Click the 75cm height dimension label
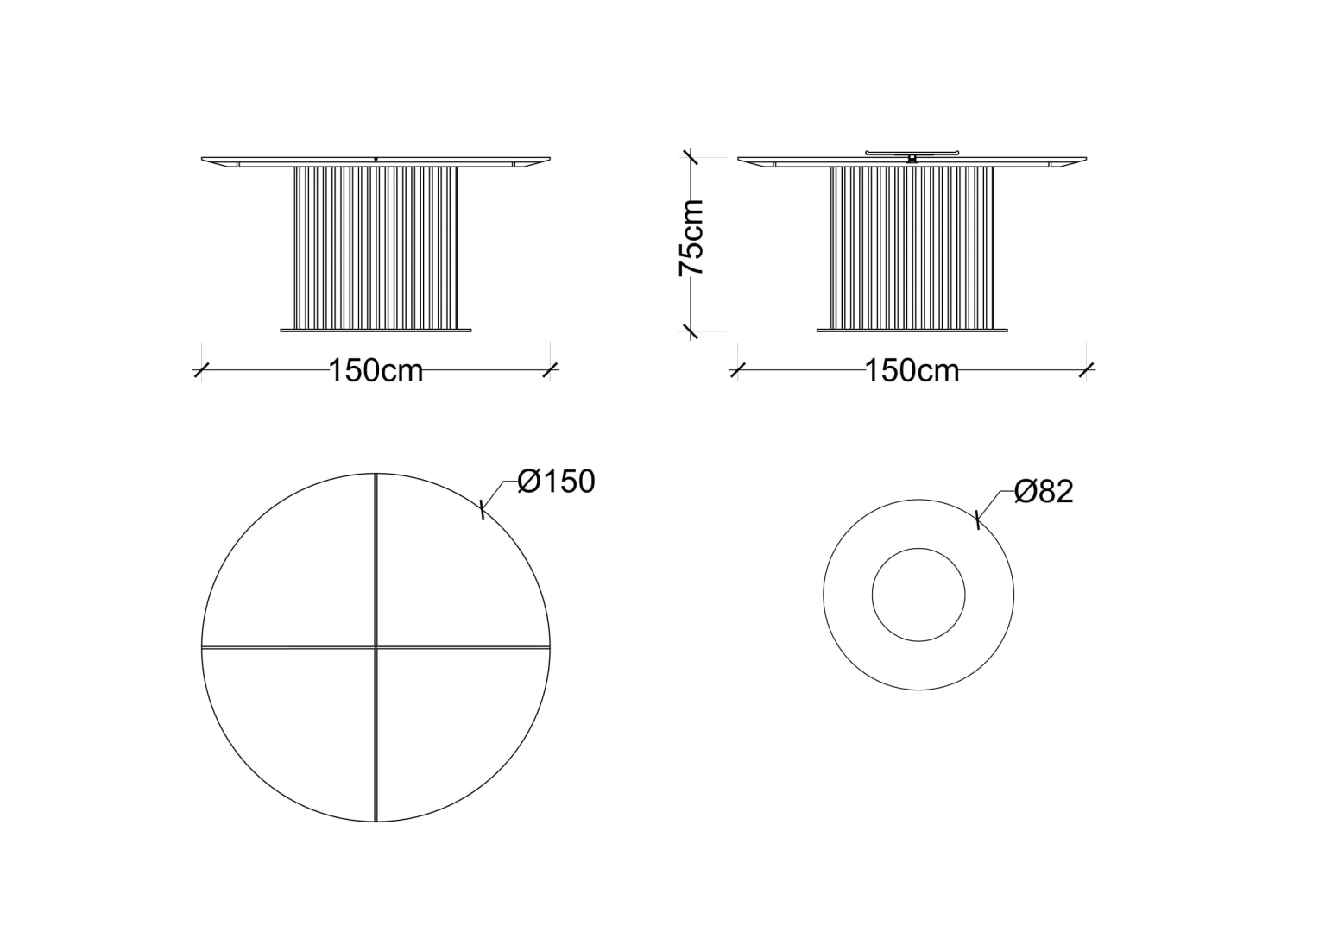pyautogui.click(x=691, y=238)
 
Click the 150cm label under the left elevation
pyautogui.click(x=376, y=370)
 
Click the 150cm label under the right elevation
pyautogui.click(x=912, y=370)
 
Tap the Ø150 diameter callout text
pyautogui.click(x=557, y=481)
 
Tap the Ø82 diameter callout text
pyautogui.click(x=1044, y=491)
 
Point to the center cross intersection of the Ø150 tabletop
pyautogui.click(x=376, y=647)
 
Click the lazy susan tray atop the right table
pyautogui.click(x=912, y=153)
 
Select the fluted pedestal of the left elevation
pyautogui.click(x=376, y=248)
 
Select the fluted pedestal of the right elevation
pyautogui.click(x=912, y=248)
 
